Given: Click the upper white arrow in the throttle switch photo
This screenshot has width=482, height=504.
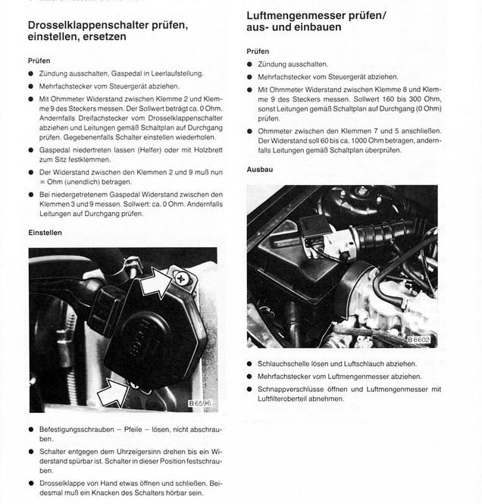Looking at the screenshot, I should [155, 286].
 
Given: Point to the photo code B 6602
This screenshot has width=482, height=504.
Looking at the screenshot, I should [418, 340].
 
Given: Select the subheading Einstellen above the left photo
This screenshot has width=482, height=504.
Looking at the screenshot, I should [45, 232].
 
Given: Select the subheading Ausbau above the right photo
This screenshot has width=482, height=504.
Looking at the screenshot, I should [259, 169].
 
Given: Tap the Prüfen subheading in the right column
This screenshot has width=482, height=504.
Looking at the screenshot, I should [258, 51].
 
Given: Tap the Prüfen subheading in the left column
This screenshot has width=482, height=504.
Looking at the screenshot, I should [39, 60].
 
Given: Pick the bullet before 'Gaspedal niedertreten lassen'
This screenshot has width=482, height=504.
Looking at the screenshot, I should [31, 150].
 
